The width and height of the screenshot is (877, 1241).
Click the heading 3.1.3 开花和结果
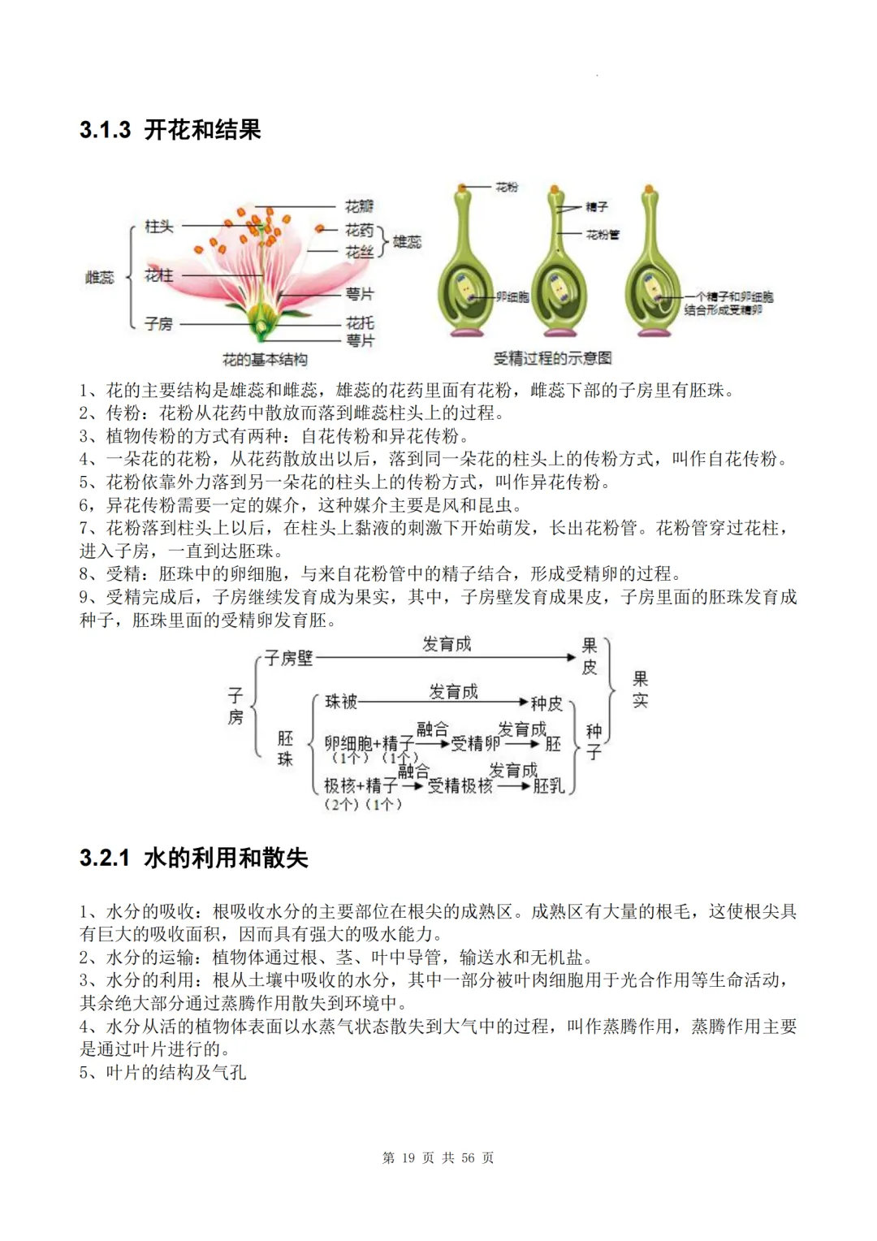coord(171,130)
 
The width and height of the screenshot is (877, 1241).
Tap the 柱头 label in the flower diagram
coord(158,227)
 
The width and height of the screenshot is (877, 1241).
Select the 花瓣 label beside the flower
coord(359,206)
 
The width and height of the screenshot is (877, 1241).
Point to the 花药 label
coord(359,231)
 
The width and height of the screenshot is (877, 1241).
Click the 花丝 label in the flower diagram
coord(359,252)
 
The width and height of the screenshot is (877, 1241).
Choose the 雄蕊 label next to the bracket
coord(407,241)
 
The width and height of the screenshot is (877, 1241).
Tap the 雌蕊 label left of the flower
coord(100,277)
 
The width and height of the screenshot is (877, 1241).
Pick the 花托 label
coord(359,322)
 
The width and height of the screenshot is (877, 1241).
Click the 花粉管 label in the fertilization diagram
coord(603,235)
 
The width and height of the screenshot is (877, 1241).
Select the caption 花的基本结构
coord(265,359)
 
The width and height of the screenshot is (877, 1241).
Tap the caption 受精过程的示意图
coord(552,357)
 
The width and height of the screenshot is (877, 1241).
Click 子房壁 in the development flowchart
coord(289,658)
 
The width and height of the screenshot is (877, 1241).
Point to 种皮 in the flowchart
coord(547,703)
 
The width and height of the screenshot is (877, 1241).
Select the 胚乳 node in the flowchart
coord(548,785)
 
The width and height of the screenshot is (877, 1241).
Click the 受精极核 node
coord(460,785)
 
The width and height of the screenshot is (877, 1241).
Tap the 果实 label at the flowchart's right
coord(640,689)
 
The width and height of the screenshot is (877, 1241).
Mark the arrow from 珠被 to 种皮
coord(443,702)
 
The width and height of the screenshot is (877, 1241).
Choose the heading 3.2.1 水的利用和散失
coord(194,858)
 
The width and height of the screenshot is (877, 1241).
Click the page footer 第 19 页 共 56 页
coord(438,1157)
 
